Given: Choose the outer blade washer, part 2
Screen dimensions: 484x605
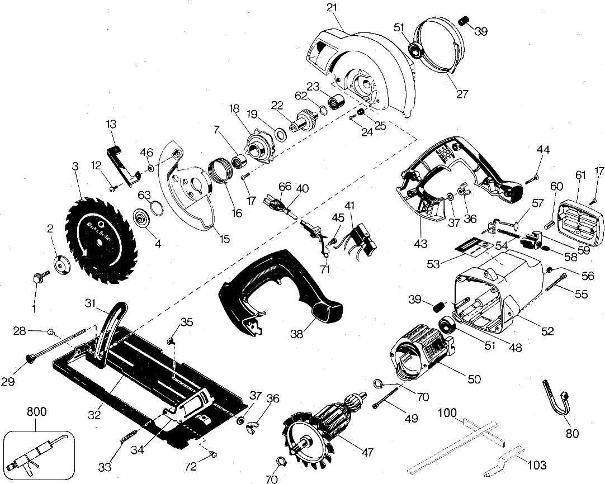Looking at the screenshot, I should coord(61,264).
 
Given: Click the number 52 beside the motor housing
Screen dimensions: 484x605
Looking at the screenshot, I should coord(547,331).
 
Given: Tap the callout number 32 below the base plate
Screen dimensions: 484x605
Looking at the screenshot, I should coord(94,415).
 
